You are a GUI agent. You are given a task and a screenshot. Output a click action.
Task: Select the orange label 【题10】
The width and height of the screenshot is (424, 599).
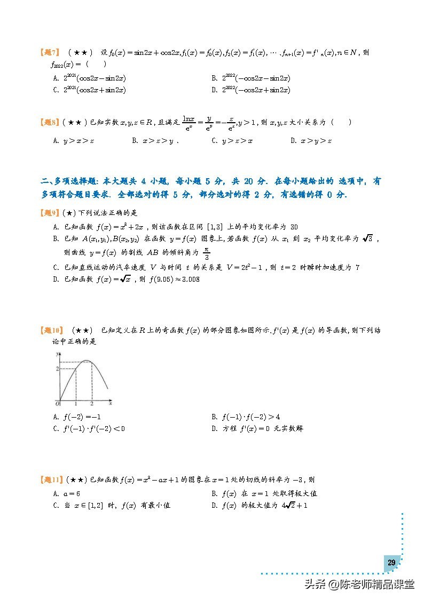pos(52,331)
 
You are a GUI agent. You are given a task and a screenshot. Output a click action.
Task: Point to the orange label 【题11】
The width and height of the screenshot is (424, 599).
pos(52,480)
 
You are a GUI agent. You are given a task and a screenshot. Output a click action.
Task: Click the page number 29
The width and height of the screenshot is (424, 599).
pos(391,563)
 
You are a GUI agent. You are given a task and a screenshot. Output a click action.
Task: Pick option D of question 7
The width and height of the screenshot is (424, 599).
pos(251,90)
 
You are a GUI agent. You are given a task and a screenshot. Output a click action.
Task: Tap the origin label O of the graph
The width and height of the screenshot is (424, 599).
pos(57,403)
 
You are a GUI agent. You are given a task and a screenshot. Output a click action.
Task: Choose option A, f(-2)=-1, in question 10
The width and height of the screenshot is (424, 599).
pos(78,417)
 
